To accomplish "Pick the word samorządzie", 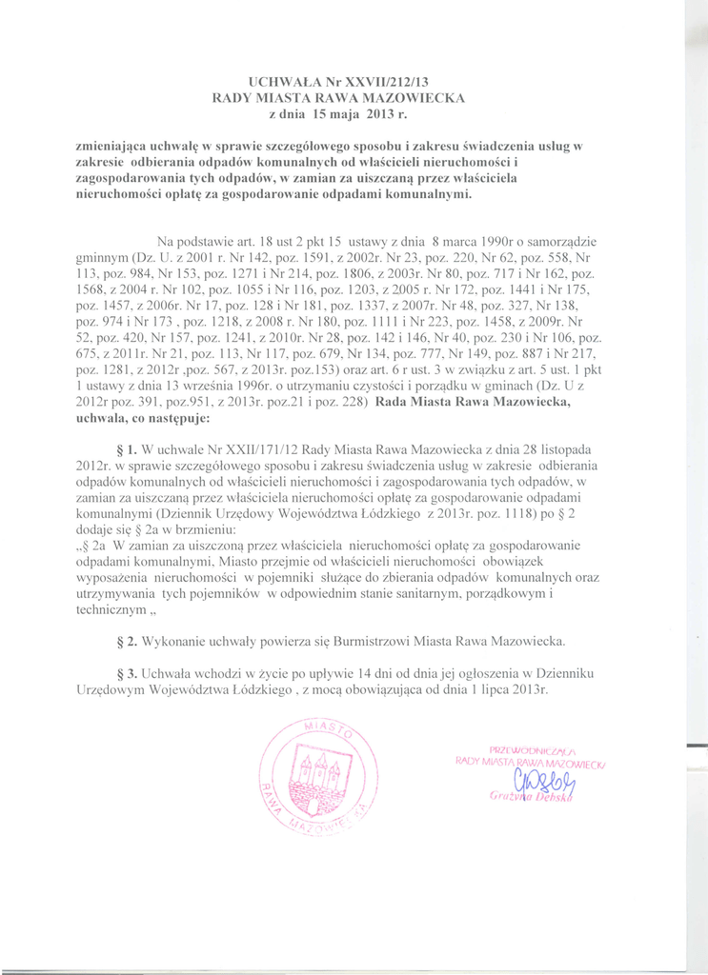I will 559,243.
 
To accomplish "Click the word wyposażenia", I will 117,575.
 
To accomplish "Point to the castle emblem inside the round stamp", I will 314,772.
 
